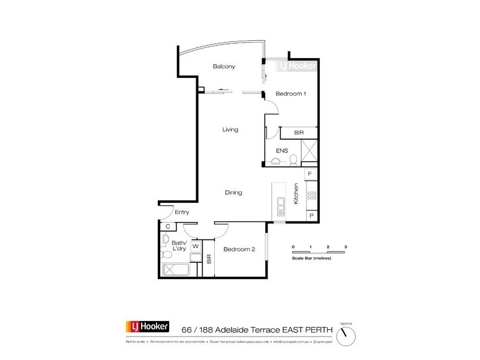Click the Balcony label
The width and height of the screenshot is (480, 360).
pyautogui.click(x=223, y=67)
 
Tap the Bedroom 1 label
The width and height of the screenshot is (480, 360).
pyautogui.click(x=291, y=94)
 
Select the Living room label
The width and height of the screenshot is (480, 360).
pyautogui.click(x=230, y=130)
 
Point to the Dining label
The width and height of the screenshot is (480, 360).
pyautogui.click(x=233, y=193)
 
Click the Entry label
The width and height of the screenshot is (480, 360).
pyautogui.click(x=182, y=211)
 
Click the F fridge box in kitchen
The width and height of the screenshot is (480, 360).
pyautogui.click(x=310, y=174)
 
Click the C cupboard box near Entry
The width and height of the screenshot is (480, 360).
pyautogui.click(x=168, y=227)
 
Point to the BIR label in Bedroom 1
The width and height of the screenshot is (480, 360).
pyautogui.click(x=299, y=133)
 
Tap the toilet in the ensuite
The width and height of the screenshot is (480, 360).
pyautogui.click(x=294, y=160)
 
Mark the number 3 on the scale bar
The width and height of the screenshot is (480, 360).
pyautogui.click(x=346, y=247)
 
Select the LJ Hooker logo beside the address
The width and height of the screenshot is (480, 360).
pyautogui.click(x=147, y=327)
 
